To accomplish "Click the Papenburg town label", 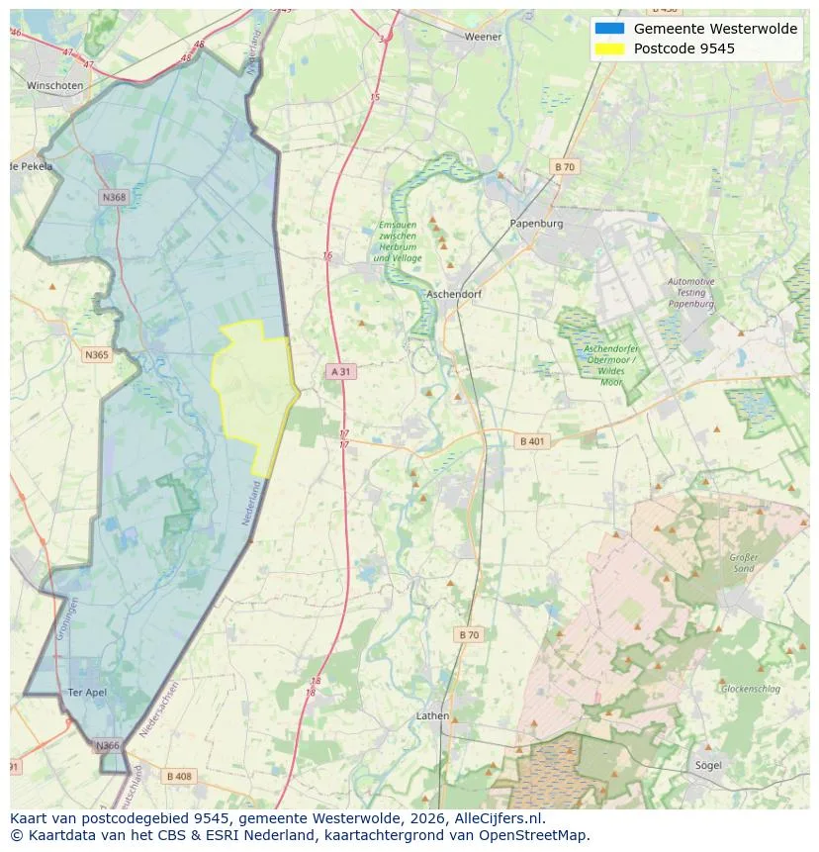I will [x=536, y=224].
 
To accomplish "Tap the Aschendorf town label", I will [x=454, y=295].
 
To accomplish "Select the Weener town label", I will [x=483, y=37].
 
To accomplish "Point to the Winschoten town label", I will [x=54, y=86].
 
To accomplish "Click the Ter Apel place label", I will [x=87, y=692].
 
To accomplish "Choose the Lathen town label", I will [x=432, y=715].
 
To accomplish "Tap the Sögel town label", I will [x=707, y=765].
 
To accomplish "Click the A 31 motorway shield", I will [x=340, y=371].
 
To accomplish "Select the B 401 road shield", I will [x=531, y=441].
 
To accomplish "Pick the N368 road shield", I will [x=114, y=198].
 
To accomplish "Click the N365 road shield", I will [x=97, y=354].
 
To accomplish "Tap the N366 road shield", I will [x=107, y=745].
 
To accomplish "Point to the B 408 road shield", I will [x=179, y=776].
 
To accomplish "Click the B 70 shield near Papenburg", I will [x=564, y=167].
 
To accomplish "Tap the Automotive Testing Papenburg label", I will [x=690, y=293].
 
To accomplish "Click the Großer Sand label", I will [x=743, y=563].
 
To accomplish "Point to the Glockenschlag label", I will [x=750, y=688].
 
